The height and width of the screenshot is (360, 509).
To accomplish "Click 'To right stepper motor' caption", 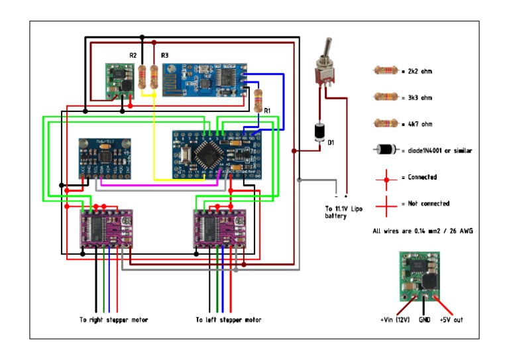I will (x=113, y=320).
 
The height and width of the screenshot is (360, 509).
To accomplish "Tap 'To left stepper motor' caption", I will (x=228, y=320).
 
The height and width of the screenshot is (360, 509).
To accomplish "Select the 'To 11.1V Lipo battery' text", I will (x=345, y=211).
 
